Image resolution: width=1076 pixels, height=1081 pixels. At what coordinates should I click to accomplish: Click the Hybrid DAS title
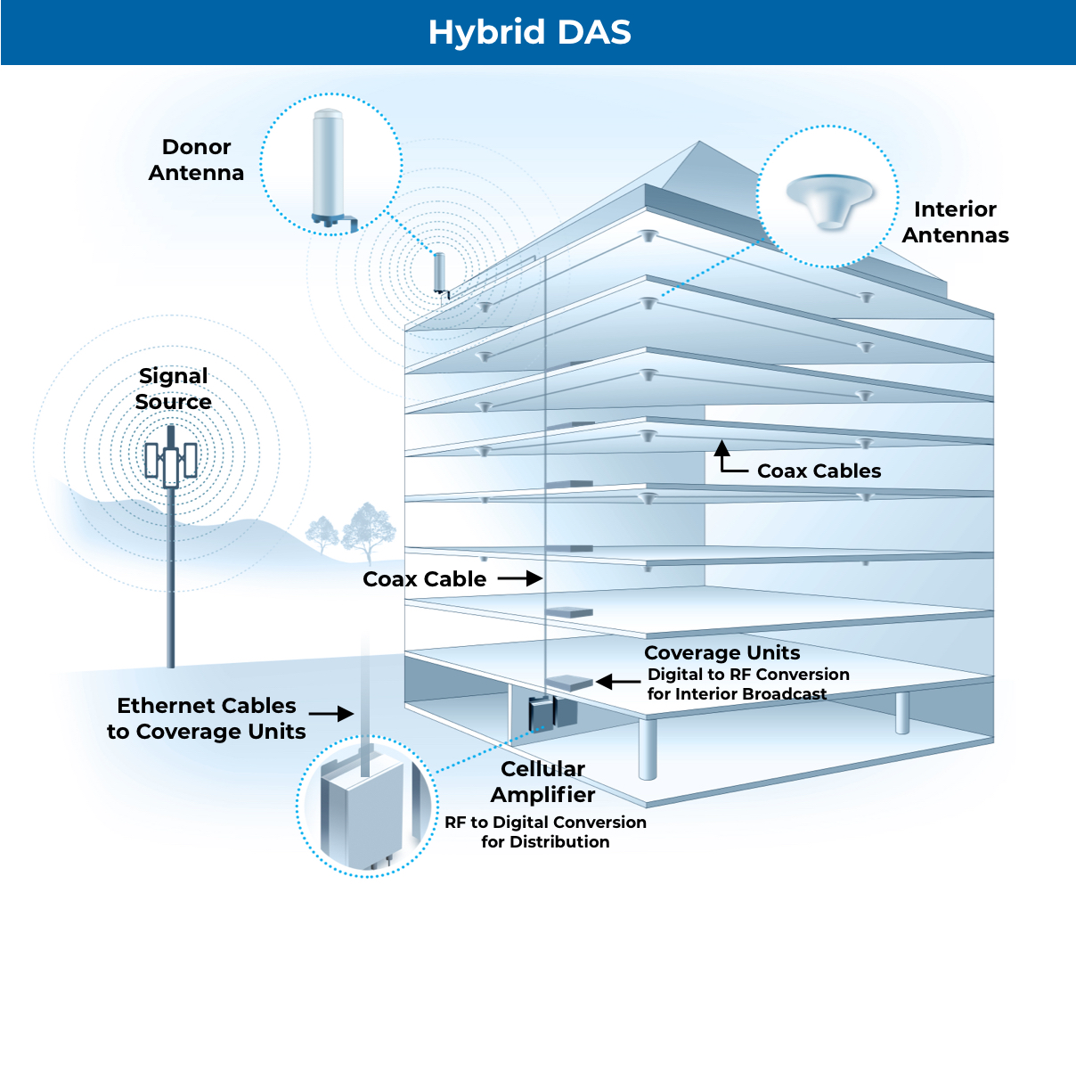(x=529, y=32)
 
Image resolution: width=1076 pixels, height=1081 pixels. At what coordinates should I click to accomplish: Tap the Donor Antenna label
(x=196, y=160)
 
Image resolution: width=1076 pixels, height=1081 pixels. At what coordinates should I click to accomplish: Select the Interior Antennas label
(x=955, y=222)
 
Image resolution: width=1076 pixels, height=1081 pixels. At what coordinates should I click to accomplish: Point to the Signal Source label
(x=174, y=389)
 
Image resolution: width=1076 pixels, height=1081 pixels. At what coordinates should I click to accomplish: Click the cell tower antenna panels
(x=171, y=460)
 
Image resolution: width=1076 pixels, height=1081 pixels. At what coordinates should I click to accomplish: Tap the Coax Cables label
(x=819, y=471)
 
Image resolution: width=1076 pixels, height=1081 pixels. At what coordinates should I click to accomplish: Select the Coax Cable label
(x=424, y=579)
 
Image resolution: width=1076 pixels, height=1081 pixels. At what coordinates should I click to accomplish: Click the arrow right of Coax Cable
(x=520, y=578)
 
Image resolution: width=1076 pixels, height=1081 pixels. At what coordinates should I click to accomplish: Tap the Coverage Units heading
(x=721, y=652)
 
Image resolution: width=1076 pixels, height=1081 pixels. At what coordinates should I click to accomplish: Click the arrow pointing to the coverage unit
(x=618, y=682)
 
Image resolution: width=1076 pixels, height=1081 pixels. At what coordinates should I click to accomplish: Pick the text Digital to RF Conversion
(x=748, y=675)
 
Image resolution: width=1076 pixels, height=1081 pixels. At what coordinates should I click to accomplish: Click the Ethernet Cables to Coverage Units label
(x=207, y=718)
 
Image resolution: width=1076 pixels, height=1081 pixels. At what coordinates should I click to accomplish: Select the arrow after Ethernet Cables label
(x=331, y=714)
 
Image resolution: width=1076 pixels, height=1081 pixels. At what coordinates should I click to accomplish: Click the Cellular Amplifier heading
(x=542, y=782)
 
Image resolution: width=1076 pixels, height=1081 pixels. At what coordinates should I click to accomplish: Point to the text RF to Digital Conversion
(x=545, y=822)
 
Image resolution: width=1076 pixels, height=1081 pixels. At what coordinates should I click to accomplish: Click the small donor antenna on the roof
(x=439, y=273)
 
